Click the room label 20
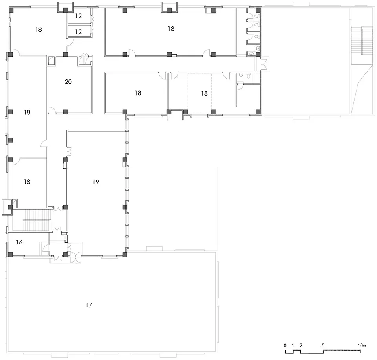pos(68,82)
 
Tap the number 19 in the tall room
pos(96,182)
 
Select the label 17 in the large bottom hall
pos(89,305)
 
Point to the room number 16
pos(19,242)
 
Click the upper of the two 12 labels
pos(79,16)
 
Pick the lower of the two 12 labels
pos(79,32)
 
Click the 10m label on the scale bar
pos(362,345)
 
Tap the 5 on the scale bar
pos(323,345)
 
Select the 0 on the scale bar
pos(285,345)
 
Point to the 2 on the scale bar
pos(301,345)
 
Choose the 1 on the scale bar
pos(293,345)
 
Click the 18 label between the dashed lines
pos(204,93)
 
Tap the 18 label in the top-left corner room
pos(38,29)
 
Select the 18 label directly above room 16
pos(27,182)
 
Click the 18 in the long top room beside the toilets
pos(171,29)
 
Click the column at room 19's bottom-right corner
pos(124,255)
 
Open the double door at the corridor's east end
pos(264,64)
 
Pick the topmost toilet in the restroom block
pos(257,16)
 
